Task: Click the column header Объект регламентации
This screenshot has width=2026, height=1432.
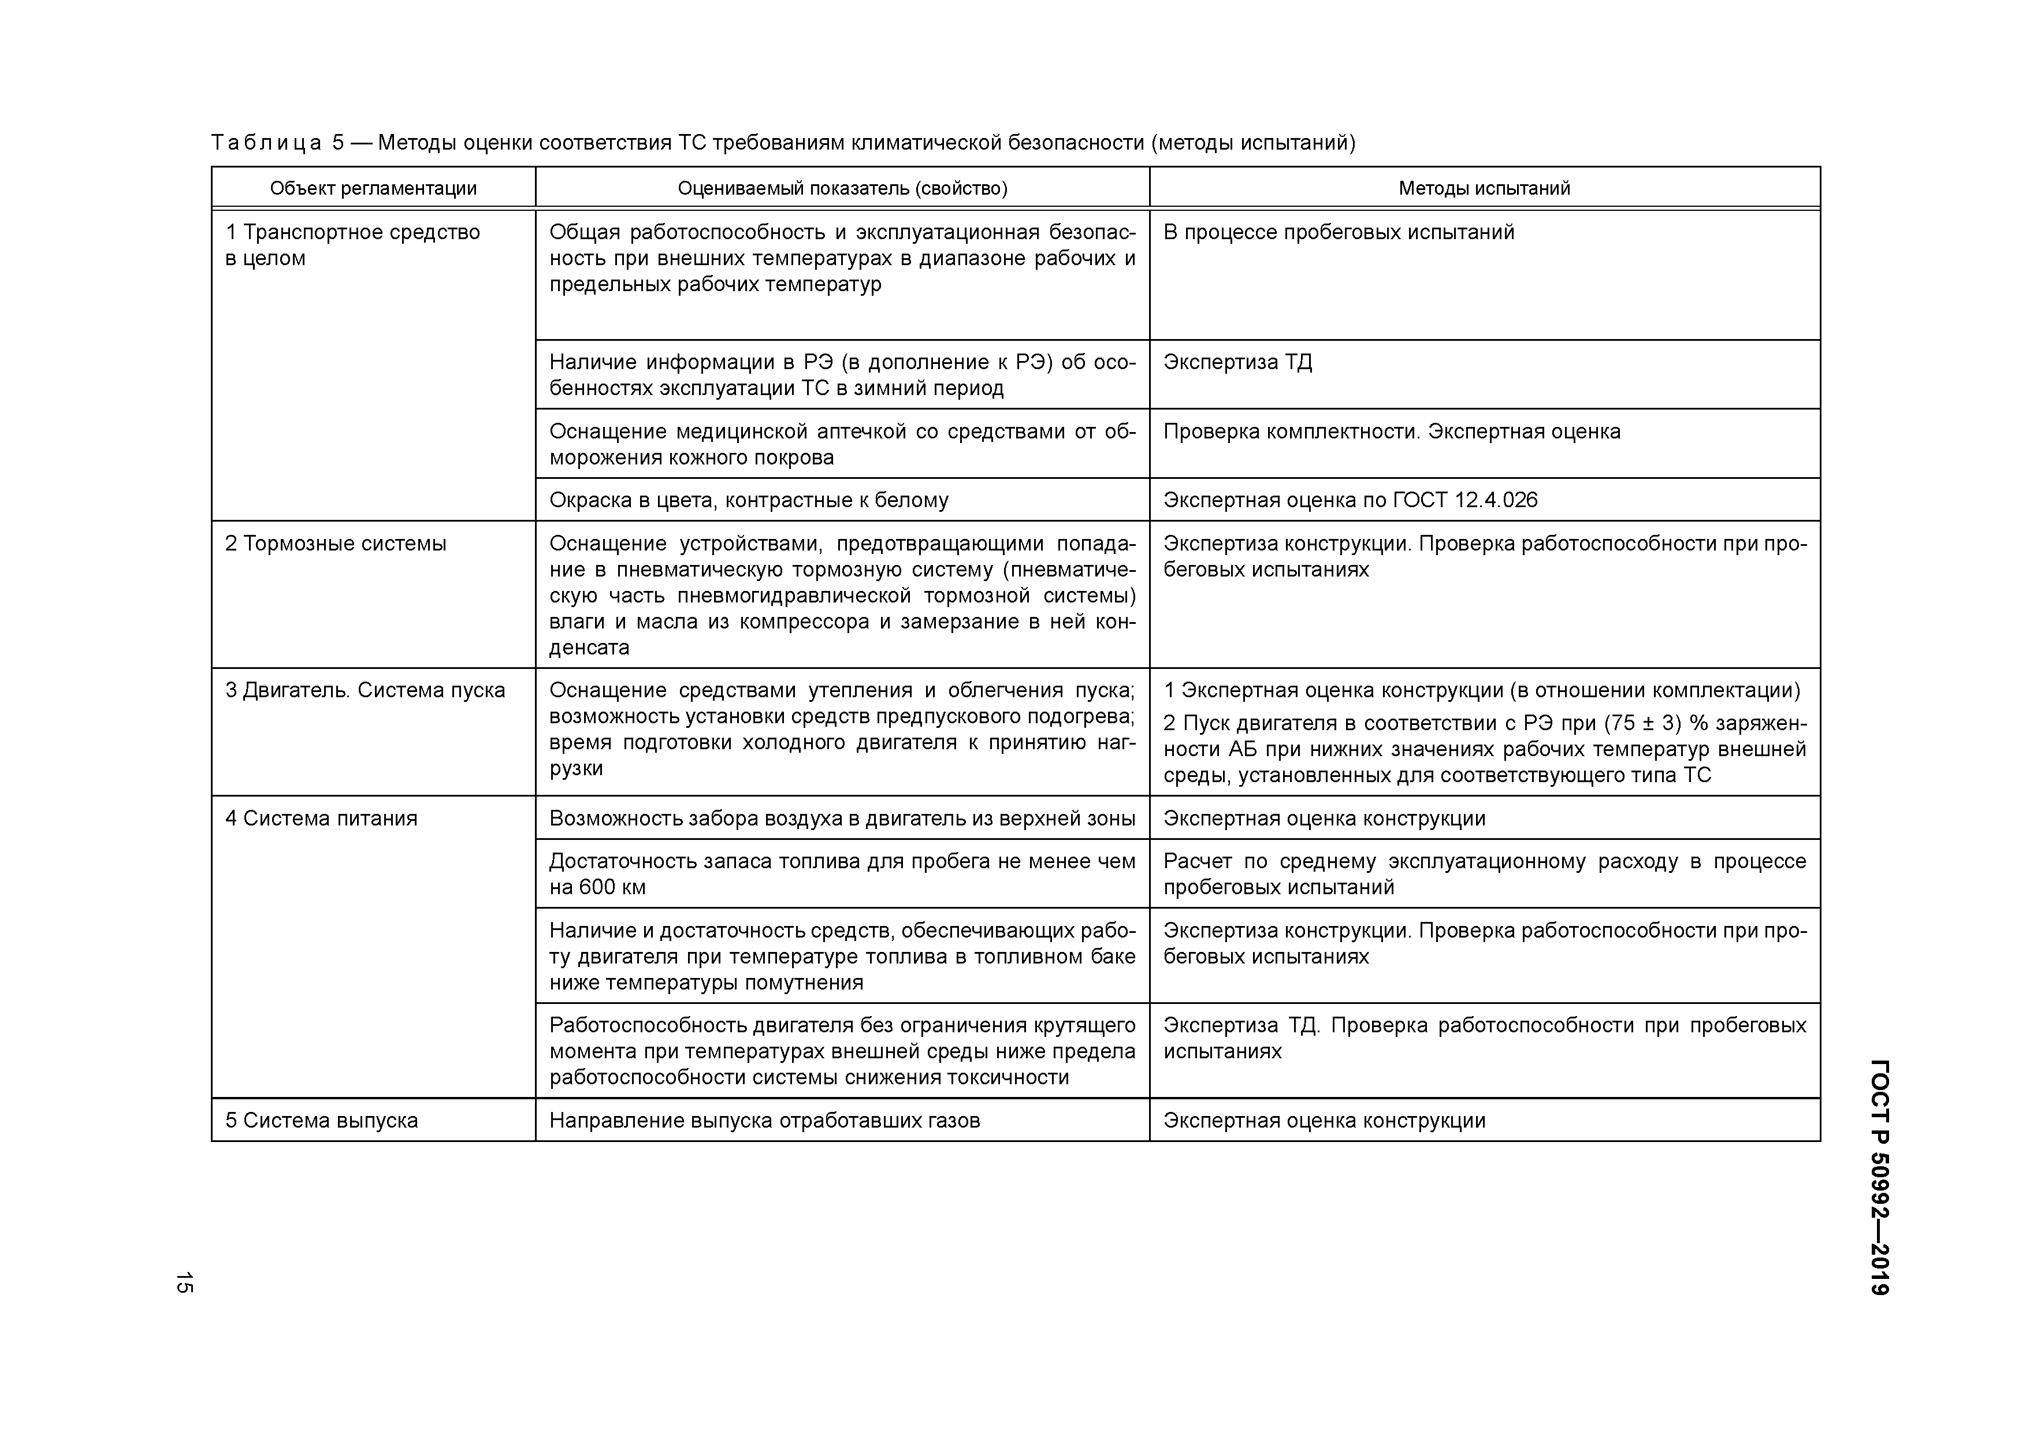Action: pyautogui.click(x=373, y=188)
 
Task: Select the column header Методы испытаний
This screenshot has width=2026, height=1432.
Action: pyautogui.click(x=1484, y=188)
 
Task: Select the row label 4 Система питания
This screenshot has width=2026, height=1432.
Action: pyautogui.click(x=321, y=819)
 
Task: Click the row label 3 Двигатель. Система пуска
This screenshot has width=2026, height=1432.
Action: pyautogui.click(x=365, y=690)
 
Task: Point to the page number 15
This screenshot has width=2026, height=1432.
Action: pyautogui.click(x=184, y=1283)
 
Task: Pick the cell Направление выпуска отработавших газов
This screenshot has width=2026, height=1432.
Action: pyautogui.click(x=764, y=1121)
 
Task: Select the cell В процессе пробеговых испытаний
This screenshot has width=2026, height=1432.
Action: pyautogui.click(x=1338, y=232)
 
